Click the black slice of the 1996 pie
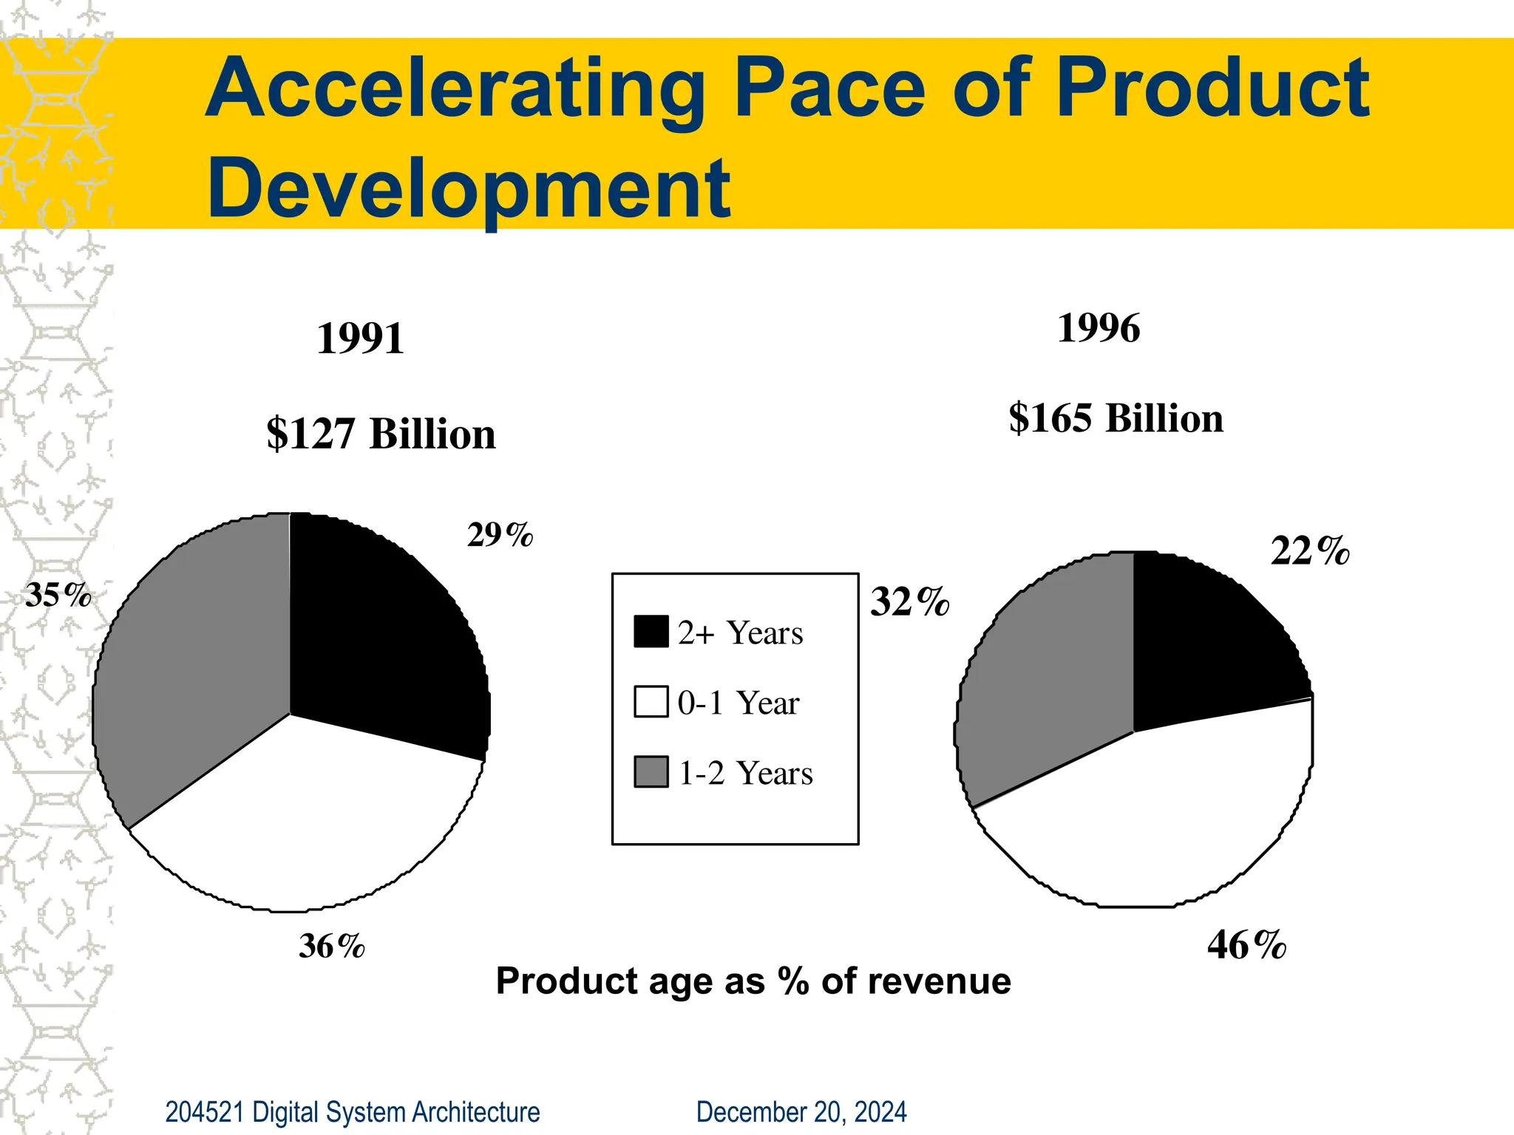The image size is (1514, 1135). (x=1205, y=643)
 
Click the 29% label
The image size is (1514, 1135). (x=500, y=535)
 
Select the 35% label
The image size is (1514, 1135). (x=58, y=595)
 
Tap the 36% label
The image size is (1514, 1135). (x=332, y=947)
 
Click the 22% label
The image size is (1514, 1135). (x=1310, y=551)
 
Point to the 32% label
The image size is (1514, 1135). (x=909, y=601)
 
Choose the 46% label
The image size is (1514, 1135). (x=1246, y=945)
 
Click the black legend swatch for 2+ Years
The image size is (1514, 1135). (x=651, y=632)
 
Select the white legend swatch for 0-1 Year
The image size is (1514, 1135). (x=651, y=702)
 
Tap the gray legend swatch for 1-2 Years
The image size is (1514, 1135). (x=651, y=772)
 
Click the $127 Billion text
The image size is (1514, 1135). (x=381, y=434)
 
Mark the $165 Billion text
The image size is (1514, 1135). (x=1116, y=418)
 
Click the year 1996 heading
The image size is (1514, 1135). (x=1099, y=328)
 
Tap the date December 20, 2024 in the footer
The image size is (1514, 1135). (x=801, y=1112)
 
